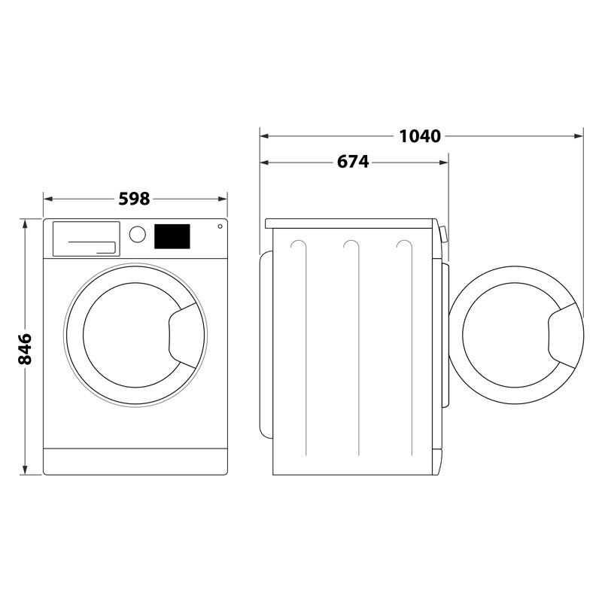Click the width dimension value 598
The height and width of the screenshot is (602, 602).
135,199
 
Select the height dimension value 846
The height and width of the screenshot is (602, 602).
25,348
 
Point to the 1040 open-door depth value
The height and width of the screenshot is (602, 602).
419,136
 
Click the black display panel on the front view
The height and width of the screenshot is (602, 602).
172,236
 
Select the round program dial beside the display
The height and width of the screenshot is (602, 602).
137,234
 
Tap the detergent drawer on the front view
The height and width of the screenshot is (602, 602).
85,238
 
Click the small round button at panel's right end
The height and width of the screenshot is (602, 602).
220,227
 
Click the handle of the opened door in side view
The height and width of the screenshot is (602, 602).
565,334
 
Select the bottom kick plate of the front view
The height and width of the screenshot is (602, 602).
135,461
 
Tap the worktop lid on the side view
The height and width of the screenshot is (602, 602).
351,223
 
